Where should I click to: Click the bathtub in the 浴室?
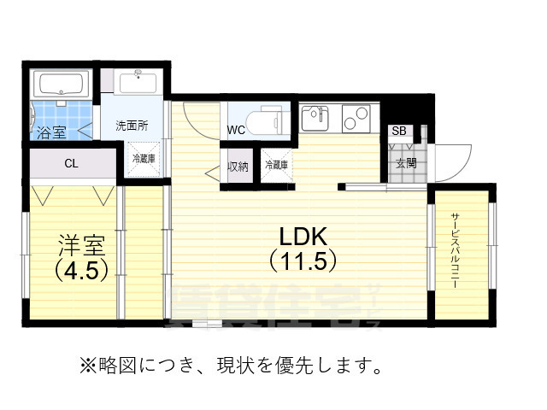click(60, 85)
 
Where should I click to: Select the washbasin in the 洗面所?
click(137, 84)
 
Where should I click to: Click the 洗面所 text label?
click(132, 126)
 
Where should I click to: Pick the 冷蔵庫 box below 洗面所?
click(144, 159)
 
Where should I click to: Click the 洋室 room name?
click(81, 246)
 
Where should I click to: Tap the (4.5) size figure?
click(81, 272)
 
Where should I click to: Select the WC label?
click(237, 131)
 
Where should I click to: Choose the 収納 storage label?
click(238, 166)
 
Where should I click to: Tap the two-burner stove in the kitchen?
click(356, 117)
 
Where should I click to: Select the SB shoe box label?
click(398, 131)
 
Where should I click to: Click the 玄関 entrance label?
click(406, 163)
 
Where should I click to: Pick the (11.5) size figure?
click(302, 261)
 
